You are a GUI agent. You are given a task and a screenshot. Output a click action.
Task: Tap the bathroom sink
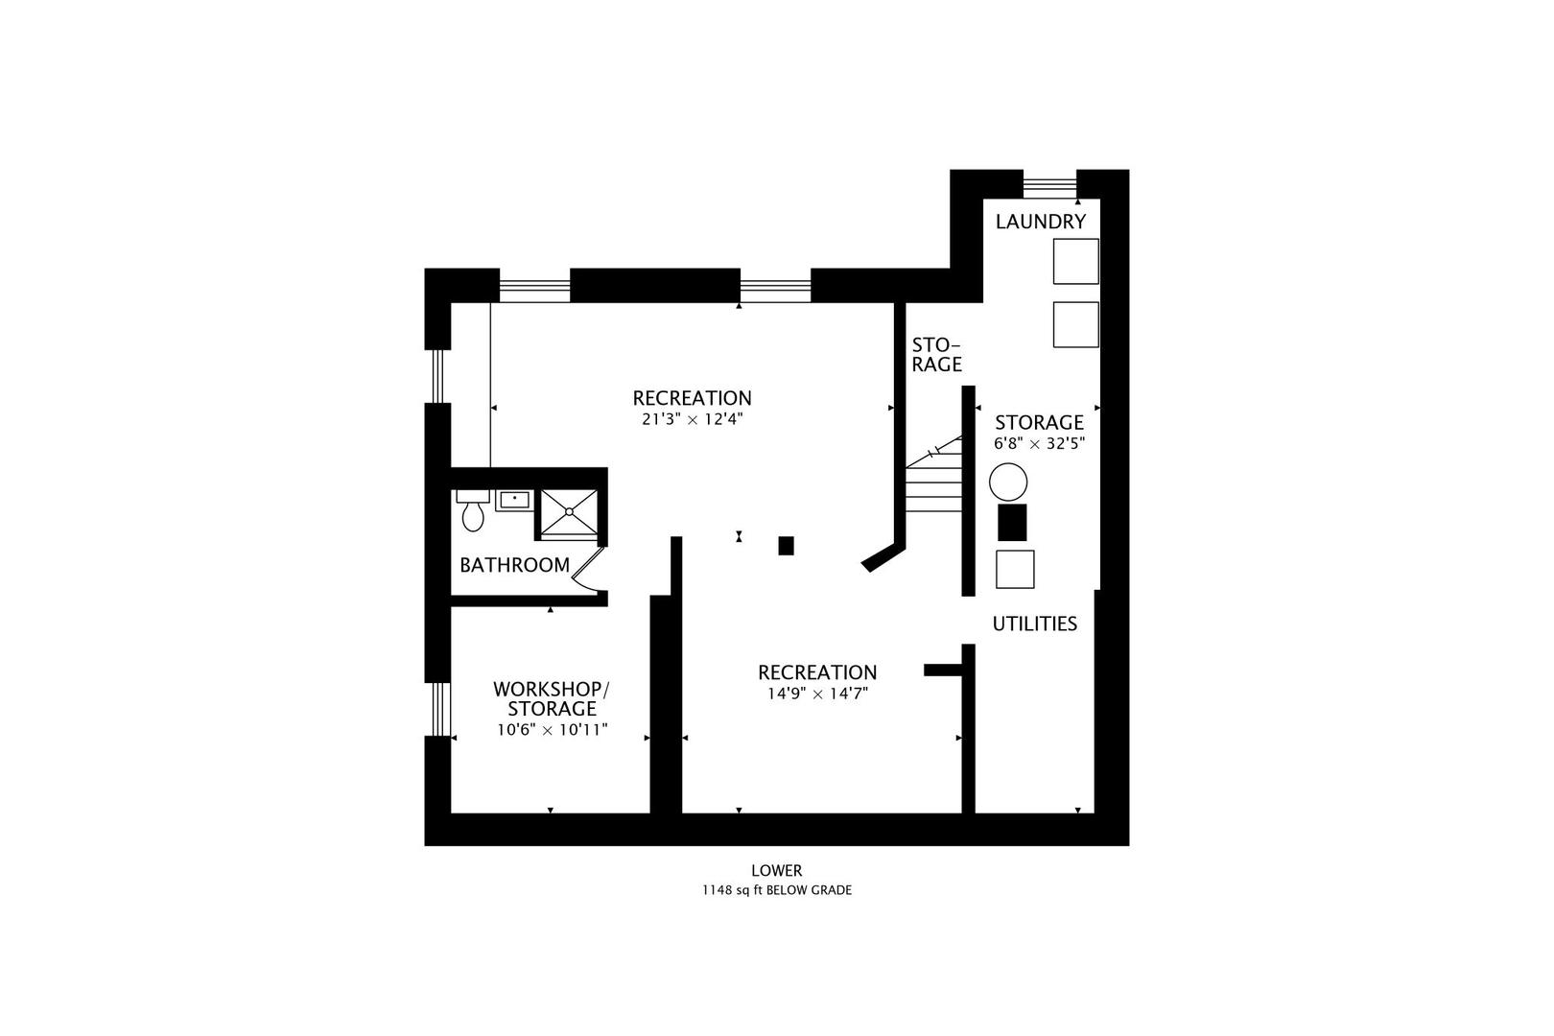pos(514,500)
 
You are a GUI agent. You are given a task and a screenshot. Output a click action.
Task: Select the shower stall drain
pos(569,511)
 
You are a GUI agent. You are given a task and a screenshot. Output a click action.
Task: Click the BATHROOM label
pos(515,566)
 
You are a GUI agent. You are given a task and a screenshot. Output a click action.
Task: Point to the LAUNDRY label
pos(1041,222)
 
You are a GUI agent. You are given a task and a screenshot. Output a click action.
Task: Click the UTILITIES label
pos(1034,624)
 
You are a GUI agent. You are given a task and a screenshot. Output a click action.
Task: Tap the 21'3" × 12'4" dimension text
pos(693,420)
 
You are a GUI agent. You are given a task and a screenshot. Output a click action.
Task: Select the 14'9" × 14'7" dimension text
pos(818,694)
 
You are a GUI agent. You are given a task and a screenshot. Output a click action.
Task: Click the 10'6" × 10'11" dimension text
pos(553,730)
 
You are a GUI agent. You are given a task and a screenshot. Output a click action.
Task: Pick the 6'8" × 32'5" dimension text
pos(1039,444)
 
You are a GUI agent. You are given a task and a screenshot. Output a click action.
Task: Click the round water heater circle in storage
pos(1008,483)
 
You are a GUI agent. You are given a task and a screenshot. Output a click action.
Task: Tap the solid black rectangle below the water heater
pos(1012,523)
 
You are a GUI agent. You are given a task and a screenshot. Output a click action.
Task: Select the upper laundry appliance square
pos(1076,262)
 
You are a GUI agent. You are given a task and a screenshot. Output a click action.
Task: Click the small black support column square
pos(786,546)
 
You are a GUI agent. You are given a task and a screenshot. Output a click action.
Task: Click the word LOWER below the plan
pos(777,871)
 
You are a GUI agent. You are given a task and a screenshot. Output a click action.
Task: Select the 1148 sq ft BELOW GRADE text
pos(777,890)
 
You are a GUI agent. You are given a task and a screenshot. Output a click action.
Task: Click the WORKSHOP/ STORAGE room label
pos(552,698)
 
